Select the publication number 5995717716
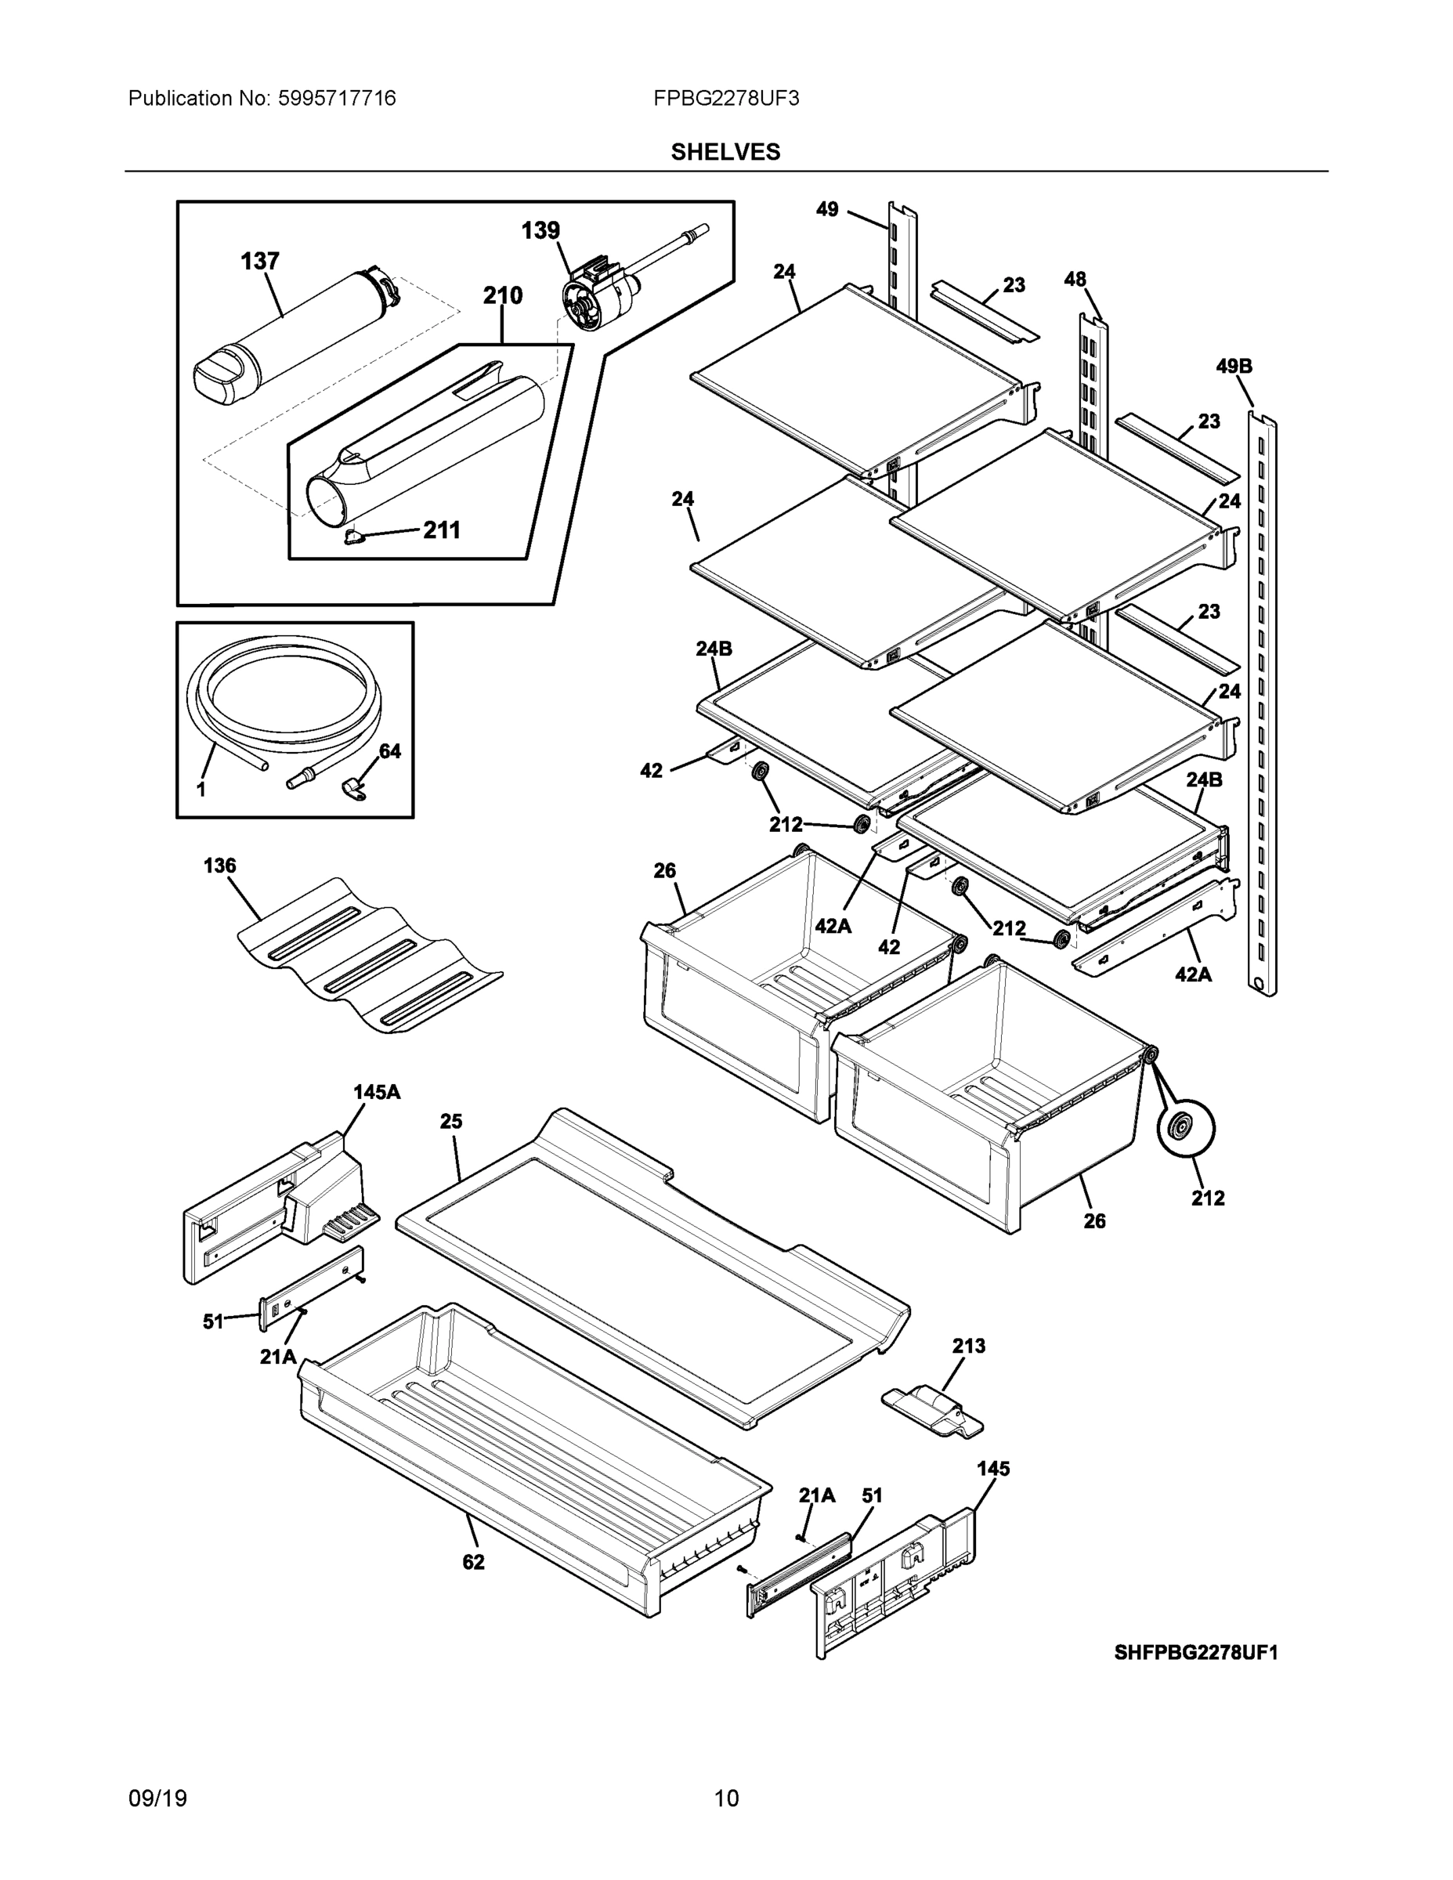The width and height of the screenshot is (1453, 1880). click(x=337, y=98)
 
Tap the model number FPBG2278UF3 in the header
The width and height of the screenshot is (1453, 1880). click(x=725, y=98)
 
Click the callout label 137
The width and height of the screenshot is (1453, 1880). click(x=259, y=261)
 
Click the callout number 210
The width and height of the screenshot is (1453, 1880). click(x=502, y=295)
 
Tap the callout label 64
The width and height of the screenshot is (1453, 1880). click(x=390, y=750)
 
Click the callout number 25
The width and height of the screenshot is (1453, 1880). click(x=451, y=1121)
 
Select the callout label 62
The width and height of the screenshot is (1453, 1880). click(x=473, y=1561)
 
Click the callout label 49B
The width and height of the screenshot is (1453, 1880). click(x=1234, y=366)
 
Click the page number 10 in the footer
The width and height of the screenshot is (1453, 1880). click(x=725, y=1798)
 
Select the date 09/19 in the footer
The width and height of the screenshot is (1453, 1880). click(x=157, y=1798)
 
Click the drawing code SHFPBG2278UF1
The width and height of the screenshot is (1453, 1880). click(x=1195, y=1652)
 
